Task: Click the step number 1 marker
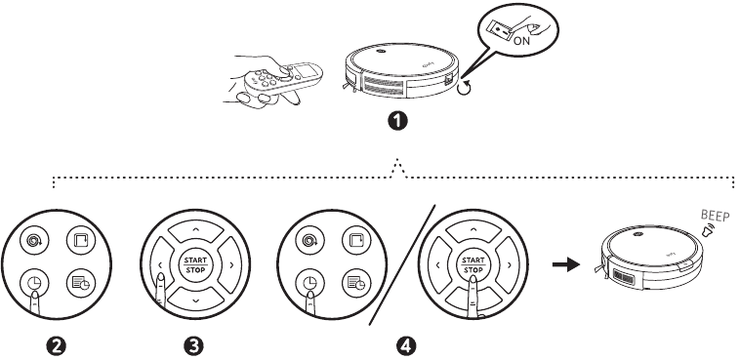point(397,121)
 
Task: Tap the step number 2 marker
point(57,346)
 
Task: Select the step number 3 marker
point(193,346)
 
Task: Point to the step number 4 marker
point(406,346)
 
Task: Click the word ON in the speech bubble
point(521,41)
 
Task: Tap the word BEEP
point(716,216)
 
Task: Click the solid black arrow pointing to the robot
point(566,264)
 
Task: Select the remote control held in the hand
point(284,77)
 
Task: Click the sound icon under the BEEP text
point(708,230)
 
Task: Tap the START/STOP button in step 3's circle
point(195,264)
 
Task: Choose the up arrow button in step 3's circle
point(196,231)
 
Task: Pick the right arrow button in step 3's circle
point(229,264)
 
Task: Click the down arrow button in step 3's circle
point(196,299)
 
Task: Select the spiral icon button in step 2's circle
point(34,241)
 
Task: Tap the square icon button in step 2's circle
point(81,240)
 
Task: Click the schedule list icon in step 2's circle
point(81,283)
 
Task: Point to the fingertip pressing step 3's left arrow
point(161,278)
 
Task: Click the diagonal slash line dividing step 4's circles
point(401,264)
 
